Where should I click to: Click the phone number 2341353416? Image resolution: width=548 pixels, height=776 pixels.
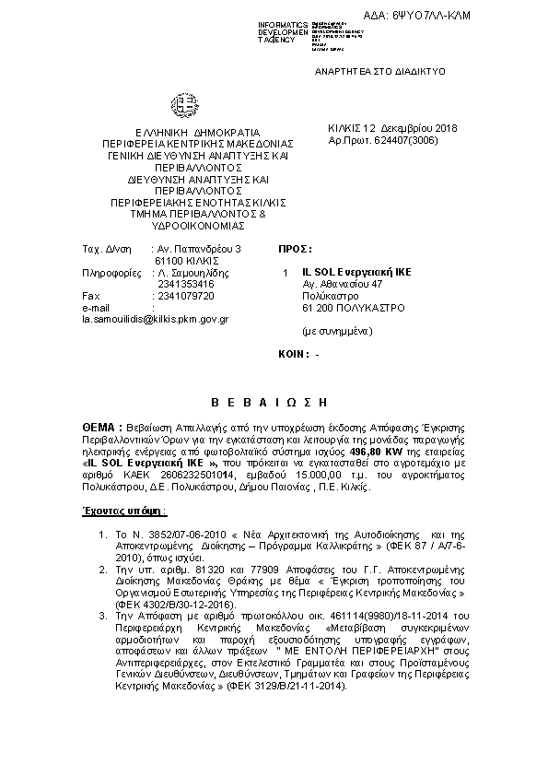coord(185,284)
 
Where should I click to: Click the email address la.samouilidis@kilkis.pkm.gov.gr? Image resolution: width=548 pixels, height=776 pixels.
coord(155,318)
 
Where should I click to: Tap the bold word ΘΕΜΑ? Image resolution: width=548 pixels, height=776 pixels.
coord(98,429)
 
